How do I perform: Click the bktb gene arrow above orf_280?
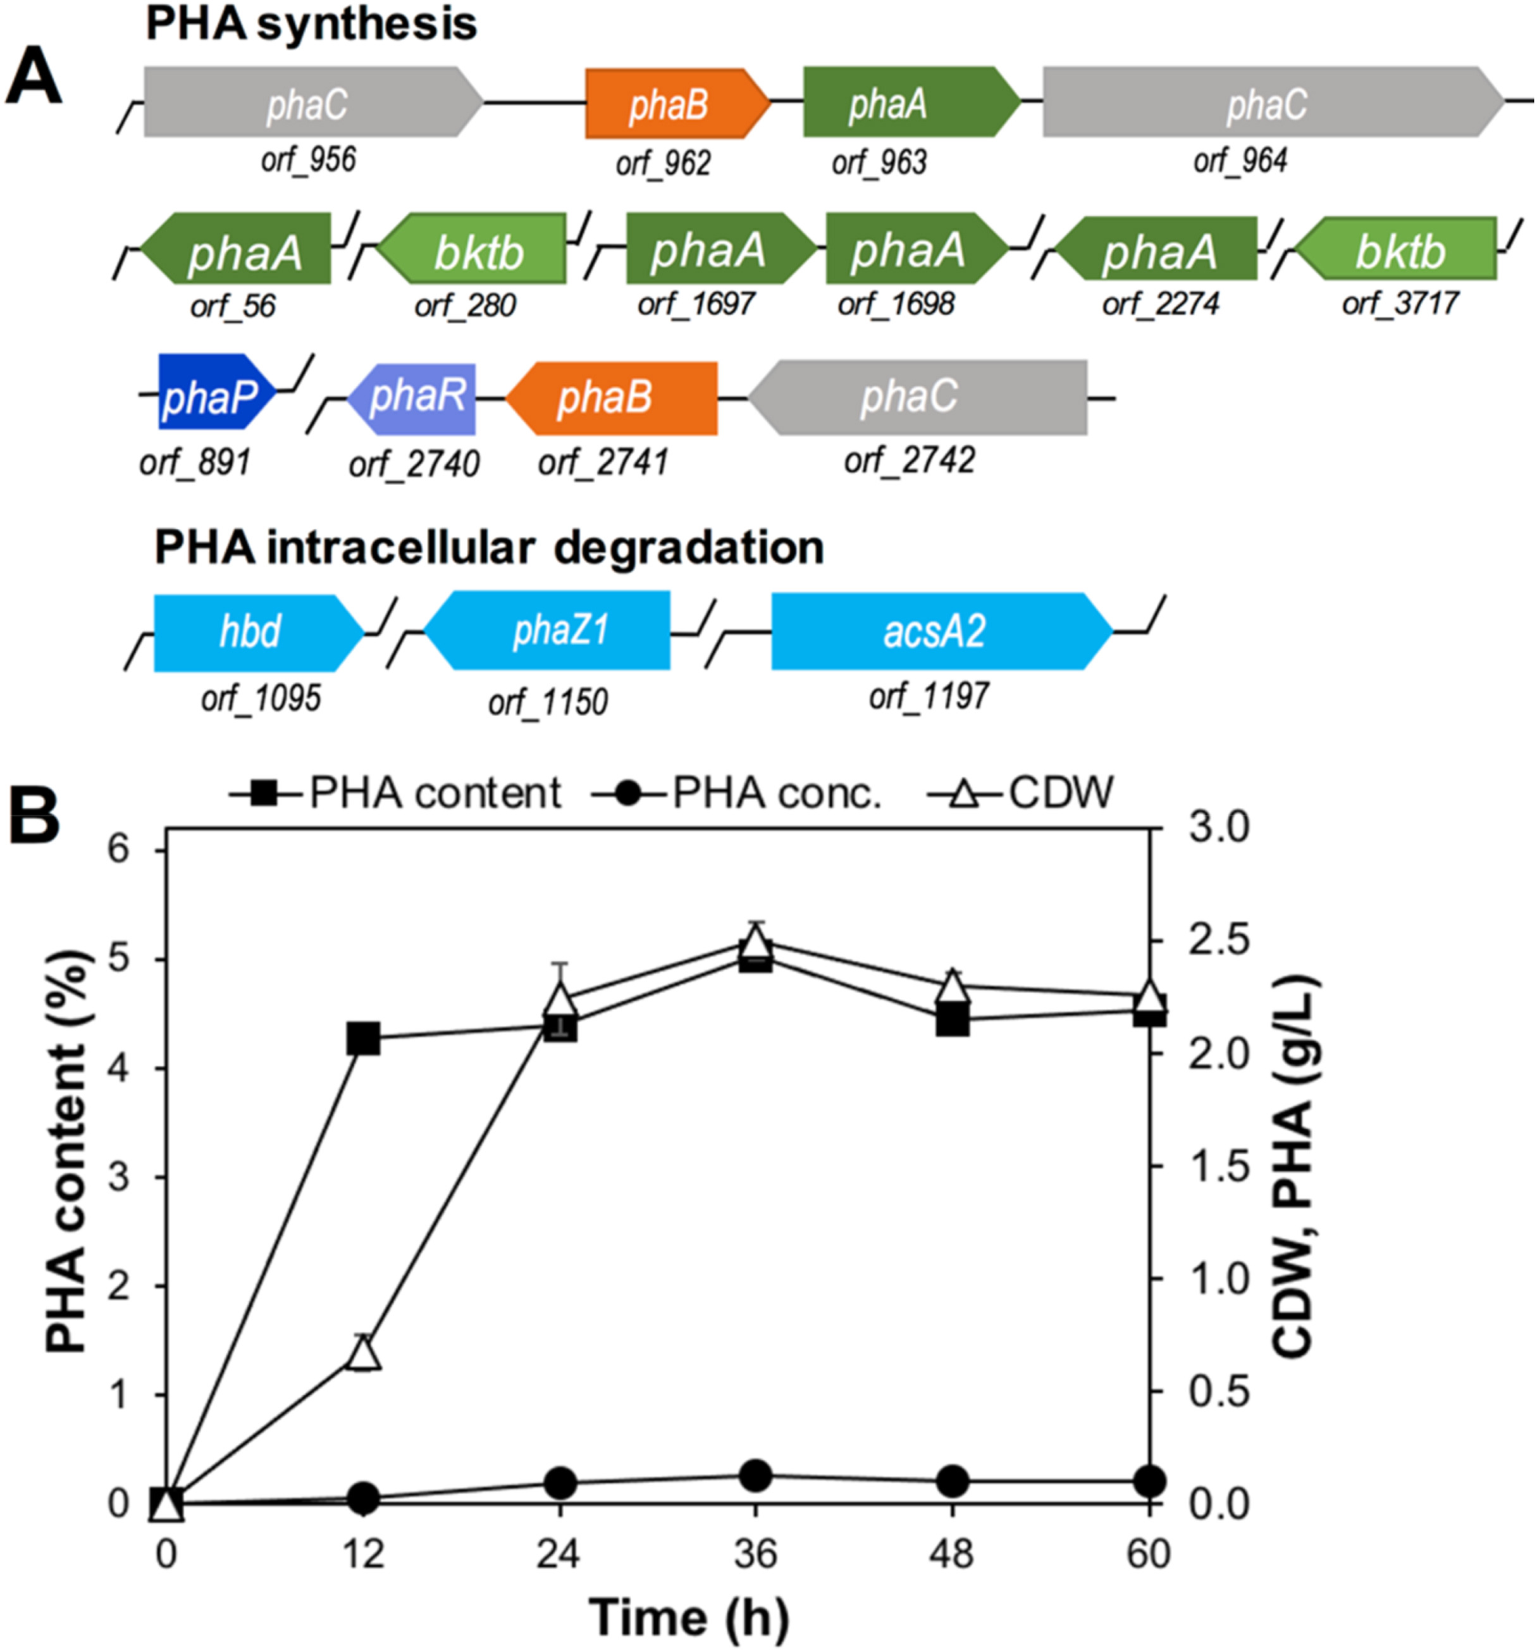473,250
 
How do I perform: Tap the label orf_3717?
1400,303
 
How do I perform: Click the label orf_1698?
896,303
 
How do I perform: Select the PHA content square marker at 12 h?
364,1039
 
